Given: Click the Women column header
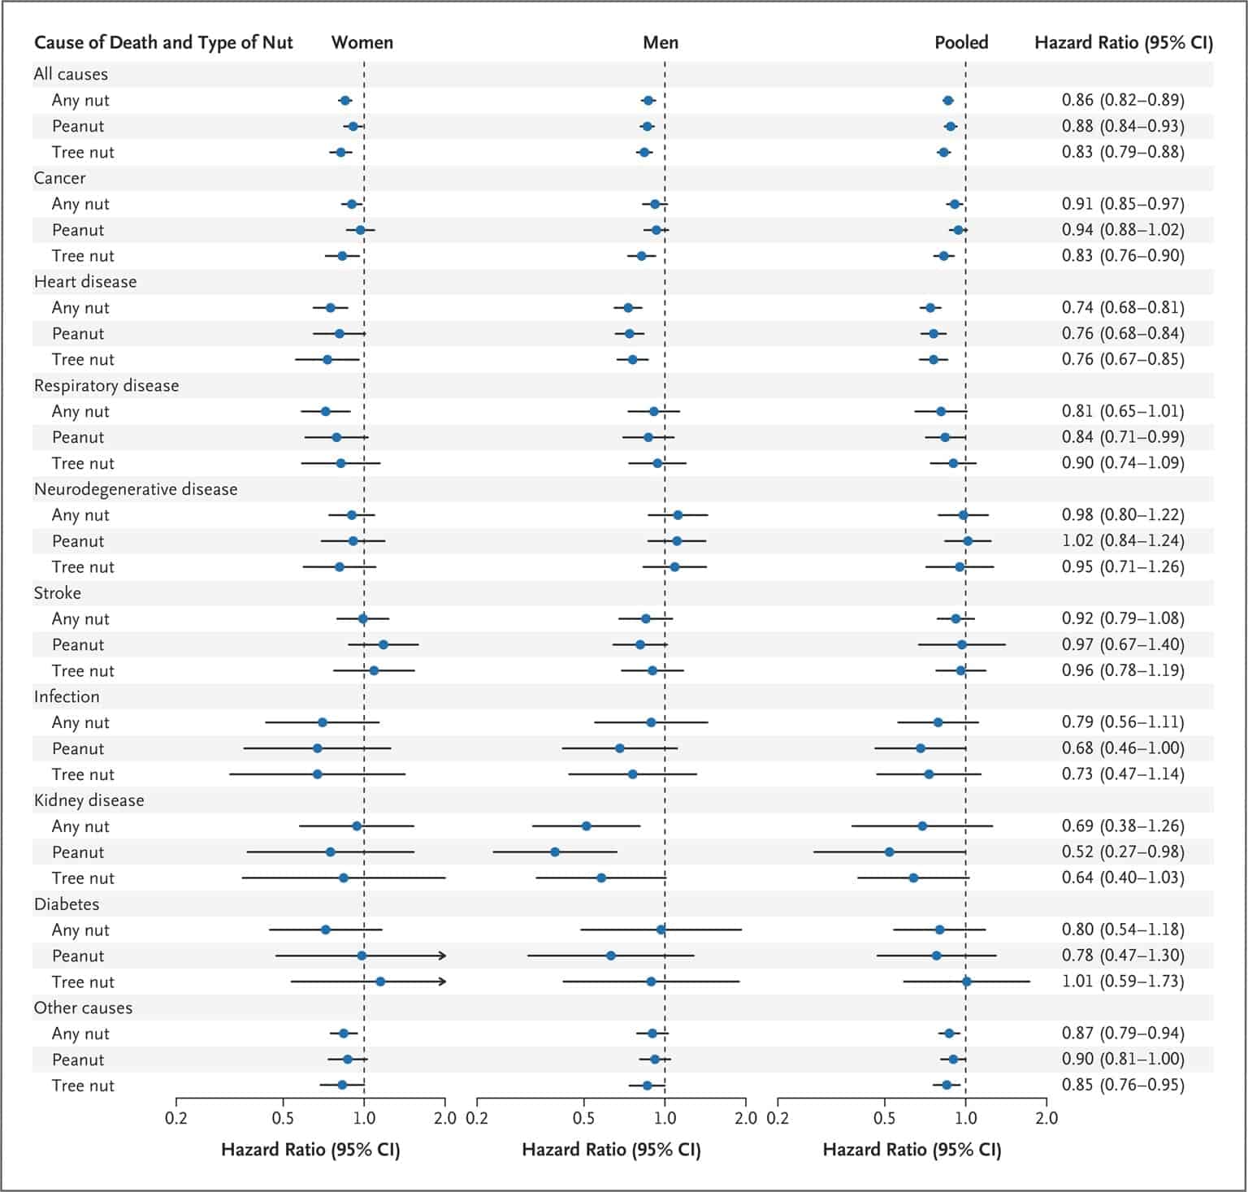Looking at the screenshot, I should [x=362, y=42].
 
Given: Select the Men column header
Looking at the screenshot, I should [x=661, y=42].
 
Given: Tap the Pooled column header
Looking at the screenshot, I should [x=961, y=42].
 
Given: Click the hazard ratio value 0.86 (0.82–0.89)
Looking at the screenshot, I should [x=1122, y=100].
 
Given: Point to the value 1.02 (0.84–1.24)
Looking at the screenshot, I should [x=1122, y=540].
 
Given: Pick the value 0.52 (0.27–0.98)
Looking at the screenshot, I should [x=1122, y=852].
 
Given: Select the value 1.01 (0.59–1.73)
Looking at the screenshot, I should [x=1122, y=981].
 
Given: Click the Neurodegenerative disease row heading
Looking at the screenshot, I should [x=136, y=489].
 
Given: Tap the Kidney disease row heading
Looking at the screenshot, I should [x=89, y=800].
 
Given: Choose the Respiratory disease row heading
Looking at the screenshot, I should [x=106, y=385].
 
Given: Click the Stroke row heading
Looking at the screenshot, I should [x=57, y=593].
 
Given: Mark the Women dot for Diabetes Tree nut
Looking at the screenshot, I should [x=380, y=982].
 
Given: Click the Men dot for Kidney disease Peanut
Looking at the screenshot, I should [x=555, y=852].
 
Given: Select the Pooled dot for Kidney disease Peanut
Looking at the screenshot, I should [x=889, y=852].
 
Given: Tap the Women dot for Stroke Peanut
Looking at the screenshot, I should [x=383, y=644].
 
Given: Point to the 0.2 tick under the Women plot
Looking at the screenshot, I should [x=176, y=1118].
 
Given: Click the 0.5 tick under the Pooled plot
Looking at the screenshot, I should [x=884, y=1118].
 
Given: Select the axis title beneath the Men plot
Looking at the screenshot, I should [x=611, y=1150].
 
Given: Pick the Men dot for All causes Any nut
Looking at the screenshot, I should [x=648, y=100].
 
